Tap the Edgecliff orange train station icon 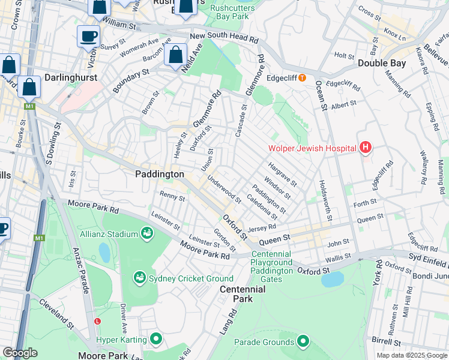coord(303,77)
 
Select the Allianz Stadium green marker coord(146,233)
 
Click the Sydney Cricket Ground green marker coord(139,277)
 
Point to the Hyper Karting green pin coord(156,340)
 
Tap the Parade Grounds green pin coord(303,342)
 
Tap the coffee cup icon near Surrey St coord(88,37)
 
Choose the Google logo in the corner coord(20,352)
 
